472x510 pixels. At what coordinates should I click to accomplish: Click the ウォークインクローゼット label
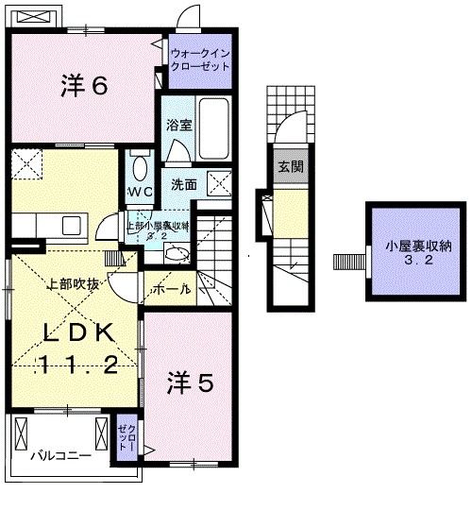[x=199, y=61]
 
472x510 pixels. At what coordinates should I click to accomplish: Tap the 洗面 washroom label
[x=183, y=185]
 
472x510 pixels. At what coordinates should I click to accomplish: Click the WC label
[x=141, y=193]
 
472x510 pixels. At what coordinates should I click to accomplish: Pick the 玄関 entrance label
[x=290, y=167]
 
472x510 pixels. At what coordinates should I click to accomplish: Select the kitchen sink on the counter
[x=70, y=225]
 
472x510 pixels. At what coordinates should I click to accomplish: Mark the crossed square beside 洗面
[x=219, y=181]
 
